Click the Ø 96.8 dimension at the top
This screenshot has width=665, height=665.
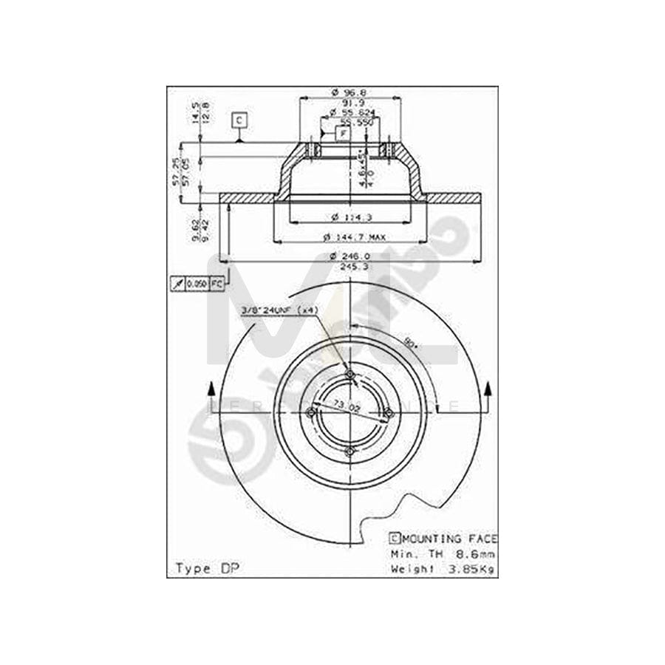349,92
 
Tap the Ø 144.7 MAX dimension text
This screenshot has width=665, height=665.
354,236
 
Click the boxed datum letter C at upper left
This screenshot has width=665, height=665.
238,119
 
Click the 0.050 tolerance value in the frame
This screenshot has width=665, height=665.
197,284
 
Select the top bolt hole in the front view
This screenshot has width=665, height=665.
350,375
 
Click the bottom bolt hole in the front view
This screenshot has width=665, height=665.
350,451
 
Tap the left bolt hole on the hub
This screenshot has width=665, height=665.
312,412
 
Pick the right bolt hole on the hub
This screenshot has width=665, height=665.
388,413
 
